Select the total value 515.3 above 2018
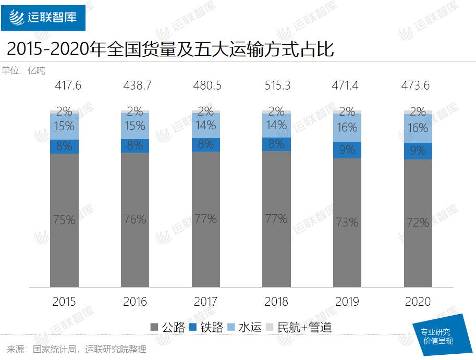tap(277, 85)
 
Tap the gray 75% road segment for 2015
tap(64, 220)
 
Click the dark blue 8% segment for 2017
tap(206, 144)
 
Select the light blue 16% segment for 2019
tap(347, 128)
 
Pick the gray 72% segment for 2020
tap(418, 223)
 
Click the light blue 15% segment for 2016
tap(135, 126)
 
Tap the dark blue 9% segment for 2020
tap(418, 151)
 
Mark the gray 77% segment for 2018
tap(277, 219)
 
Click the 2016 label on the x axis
tap(135, 302)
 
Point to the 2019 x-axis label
tap(347, 302)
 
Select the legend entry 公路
tap(167, 327)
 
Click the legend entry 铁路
tap(205, 327)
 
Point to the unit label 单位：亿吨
tap(23, 71)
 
